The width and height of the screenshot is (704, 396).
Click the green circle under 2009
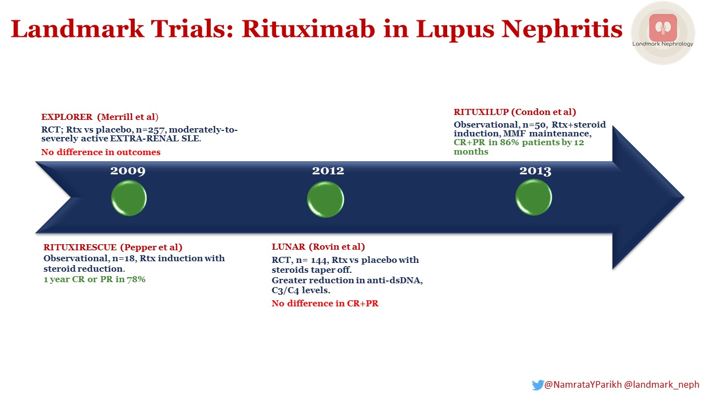point(129,198)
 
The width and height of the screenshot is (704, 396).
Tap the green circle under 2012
point(326,199)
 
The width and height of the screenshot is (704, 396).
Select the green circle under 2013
point(533,197)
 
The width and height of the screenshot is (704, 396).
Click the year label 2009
point(128,170)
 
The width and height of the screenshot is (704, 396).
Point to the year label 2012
point(328,170)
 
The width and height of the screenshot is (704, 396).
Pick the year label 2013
point(535,170)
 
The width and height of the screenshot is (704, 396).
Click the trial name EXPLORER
point(67,117)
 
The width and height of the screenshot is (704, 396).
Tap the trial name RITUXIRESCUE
point(80,247)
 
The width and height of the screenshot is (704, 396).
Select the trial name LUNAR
point(288,246)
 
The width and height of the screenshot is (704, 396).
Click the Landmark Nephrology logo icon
point(663,28)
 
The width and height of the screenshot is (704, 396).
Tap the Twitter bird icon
point(537,385)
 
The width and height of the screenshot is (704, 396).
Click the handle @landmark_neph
point(661,385)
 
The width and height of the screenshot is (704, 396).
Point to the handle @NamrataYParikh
point(582,385)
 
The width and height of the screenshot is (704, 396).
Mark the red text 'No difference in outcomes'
point(101,152)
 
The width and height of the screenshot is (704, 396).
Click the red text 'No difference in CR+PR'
point(324,304)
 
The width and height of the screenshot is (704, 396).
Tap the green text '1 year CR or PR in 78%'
point(94,279)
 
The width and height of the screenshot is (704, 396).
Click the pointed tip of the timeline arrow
point(683,197)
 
